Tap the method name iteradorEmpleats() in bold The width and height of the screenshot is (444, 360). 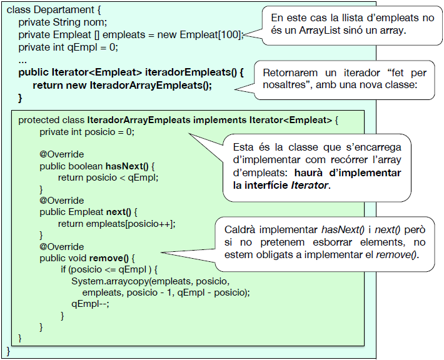click(x=192, y=72)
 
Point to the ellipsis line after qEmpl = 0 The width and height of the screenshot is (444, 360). click(x=23, y=60)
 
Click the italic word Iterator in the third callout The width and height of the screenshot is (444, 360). click(x=311, y=186)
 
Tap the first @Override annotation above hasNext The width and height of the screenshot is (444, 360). click(x=61, y=154)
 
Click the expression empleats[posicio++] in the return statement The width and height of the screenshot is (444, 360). click(x=129, y=223)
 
